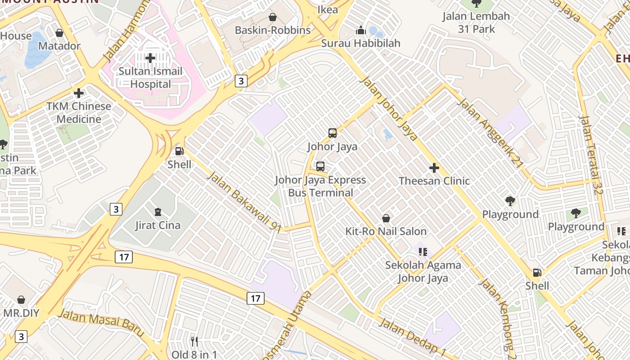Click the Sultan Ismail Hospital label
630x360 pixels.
coord(150,78)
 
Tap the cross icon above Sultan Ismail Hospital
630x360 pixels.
coord(150,58)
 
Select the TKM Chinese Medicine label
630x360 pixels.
coord(79,113)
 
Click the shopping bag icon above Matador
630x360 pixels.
coord(59,33)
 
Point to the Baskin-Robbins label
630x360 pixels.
coord(273,30)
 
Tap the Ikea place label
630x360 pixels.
coord(328,9)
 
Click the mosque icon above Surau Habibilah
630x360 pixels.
coord(360,31)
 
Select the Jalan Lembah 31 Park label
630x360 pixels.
coord(476,22)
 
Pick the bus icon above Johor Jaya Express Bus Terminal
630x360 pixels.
coord(320,166)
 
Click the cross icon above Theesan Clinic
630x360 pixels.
coord(434,168)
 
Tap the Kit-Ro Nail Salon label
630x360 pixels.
coord(386,231)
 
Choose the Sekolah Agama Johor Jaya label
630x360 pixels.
coord(423,271)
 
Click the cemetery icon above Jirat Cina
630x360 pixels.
coord(157,212)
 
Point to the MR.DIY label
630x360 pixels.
coord(21,313)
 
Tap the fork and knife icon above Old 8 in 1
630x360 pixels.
coord(194,342)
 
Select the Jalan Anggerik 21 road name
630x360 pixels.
coord(490,133)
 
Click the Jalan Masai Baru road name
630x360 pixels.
coord(101,322)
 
